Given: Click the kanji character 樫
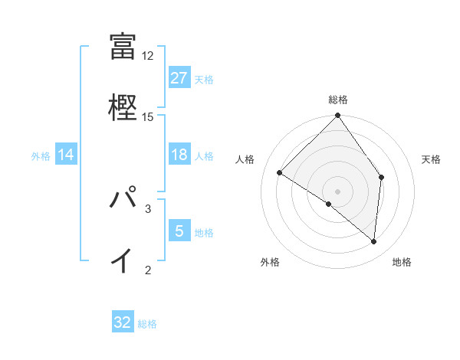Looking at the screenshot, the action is point(123,106).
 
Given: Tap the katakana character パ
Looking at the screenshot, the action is point(123,198).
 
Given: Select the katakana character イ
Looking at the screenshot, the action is point(122,260).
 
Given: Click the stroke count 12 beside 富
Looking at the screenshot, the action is point(148,56).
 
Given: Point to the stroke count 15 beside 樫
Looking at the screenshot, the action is point(148,116).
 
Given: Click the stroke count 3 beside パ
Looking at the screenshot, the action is point(148,208).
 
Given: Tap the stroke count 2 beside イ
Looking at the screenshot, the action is point(148,270).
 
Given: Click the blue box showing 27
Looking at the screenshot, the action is point(179,78).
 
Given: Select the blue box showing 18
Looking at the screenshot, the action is point(179,155).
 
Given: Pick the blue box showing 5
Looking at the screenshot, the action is point(179,231).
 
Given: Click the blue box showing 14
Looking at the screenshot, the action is point(66,155).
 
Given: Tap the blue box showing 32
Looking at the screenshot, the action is point(123,322).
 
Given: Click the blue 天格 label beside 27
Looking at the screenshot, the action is point(204,79).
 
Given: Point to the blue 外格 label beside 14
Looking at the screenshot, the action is point(41,155).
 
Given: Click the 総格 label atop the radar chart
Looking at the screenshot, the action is point(338,100).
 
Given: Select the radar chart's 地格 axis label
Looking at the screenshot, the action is point(402,262).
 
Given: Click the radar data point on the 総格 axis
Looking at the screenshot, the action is point(338,116).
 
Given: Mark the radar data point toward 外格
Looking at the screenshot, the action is point(329,204).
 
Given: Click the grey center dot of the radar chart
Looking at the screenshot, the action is point(338,191).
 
